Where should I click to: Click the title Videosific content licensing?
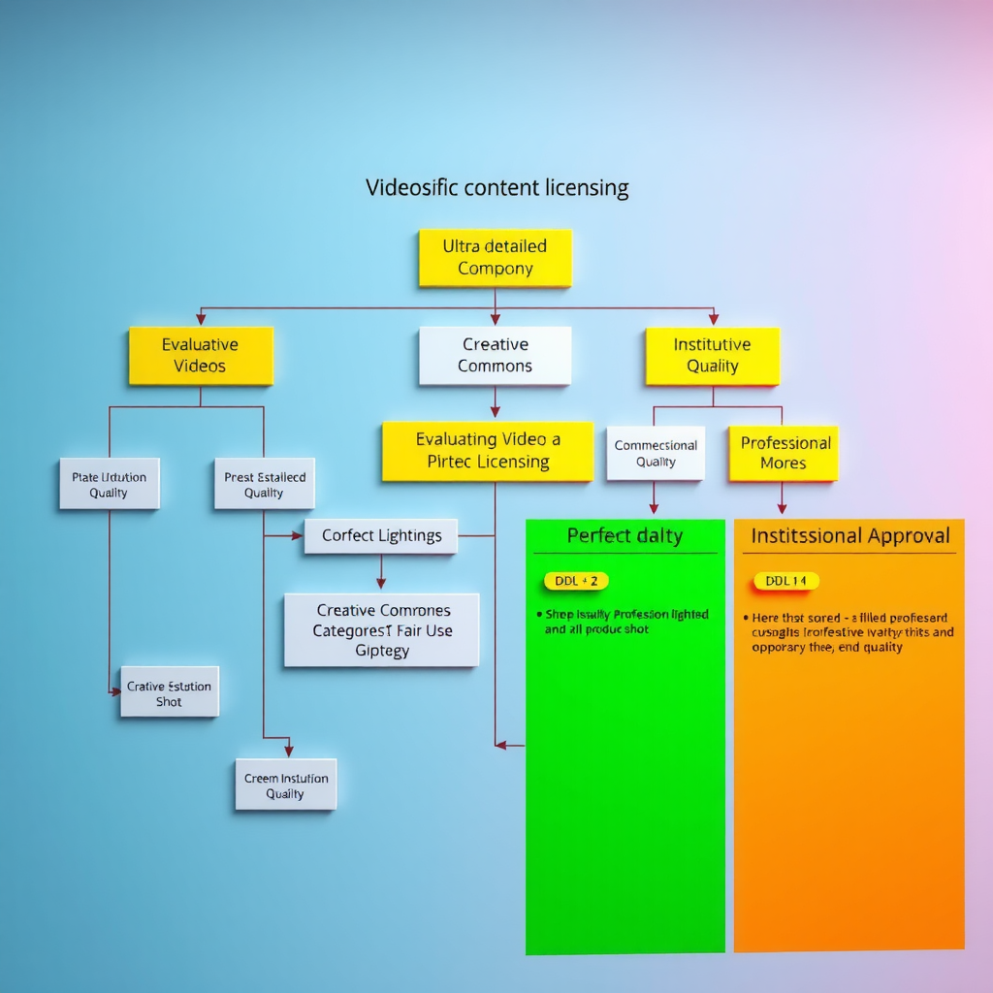[496, 187]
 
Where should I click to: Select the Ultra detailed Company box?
[495, 258]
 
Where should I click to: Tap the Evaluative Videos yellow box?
[201, 355]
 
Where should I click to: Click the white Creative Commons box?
[495, 355]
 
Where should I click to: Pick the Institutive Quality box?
[713, 355]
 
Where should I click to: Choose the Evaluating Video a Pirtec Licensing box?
[488, 451]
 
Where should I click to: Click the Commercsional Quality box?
[656, 453]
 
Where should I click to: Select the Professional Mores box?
[784, 453]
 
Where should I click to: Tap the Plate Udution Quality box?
[109, 484]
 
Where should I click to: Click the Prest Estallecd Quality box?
[264, 484]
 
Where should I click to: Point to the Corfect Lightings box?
[381, 535]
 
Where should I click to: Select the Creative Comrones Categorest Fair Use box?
[381, 630]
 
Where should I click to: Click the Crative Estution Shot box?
[169, 692]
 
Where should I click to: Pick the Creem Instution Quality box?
[285, 785]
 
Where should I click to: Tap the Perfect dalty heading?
[625, 535]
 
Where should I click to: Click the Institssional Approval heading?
[849, 535]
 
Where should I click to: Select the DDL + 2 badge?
[576, 581]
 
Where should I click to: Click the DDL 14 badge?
[785, 581]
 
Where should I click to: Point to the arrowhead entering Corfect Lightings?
[299, 535]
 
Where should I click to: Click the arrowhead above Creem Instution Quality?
[287, 752]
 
